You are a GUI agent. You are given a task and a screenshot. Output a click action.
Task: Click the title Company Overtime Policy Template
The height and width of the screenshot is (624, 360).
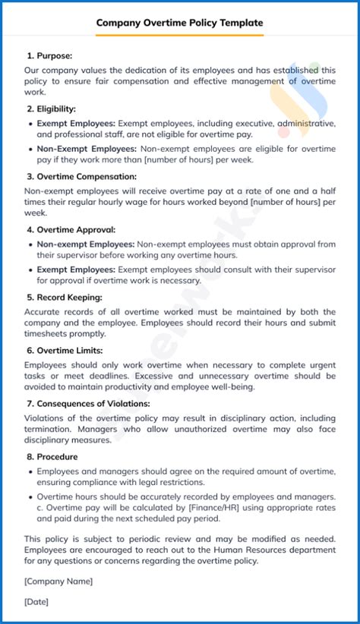point(180,23)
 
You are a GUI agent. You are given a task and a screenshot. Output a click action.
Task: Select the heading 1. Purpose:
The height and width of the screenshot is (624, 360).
point(49,55)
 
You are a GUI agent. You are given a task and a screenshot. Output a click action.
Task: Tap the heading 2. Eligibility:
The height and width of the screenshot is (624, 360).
point(51,109)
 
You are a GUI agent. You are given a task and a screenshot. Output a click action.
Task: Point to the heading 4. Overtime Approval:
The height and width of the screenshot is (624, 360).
point(71,229)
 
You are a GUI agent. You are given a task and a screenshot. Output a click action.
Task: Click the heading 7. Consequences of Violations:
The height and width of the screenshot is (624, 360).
point(88,404)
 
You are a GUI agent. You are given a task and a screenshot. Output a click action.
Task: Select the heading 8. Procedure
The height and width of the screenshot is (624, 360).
point(53,457)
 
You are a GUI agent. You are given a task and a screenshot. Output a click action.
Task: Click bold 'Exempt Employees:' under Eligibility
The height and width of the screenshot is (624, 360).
point(76,123)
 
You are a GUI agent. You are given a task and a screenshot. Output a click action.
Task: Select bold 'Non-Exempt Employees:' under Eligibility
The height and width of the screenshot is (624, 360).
point(87,149)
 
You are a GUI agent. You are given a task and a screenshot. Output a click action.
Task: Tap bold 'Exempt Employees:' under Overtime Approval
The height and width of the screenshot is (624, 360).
point(76,269)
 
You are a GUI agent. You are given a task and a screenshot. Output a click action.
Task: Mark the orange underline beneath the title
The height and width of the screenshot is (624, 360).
point(180,34)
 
